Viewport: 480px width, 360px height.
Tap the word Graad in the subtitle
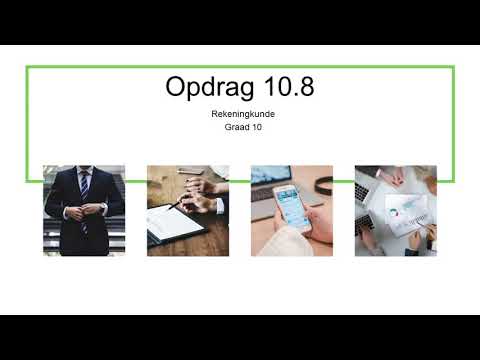tap(235, 126)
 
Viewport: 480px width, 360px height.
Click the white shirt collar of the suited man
tap(84, 172)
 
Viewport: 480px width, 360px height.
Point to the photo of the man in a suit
tap(84, 210)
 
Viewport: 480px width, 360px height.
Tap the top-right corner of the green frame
tap(453, 68)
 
